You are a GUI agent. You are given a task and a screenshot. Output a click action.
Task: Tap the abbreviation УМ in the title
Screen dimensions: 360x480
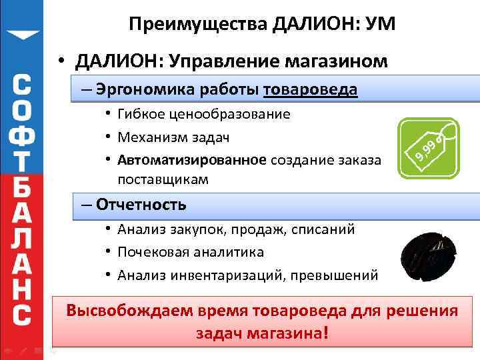(x=379, y=25)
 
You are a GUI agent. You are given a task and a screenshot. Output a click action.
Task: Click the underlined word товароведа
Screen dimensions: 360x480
(x=311, y=89)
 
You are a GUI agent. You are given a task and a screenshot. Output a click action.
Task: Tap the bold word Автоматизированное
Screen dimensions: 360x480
(x=192, y=161)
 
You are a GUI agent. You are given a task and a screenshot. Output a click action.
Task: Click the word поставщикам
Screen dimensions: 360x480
(x=163, y=179)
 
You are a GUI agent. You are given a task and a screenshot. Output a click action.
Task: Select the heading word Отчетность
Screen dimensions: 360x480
(x=141, y=204)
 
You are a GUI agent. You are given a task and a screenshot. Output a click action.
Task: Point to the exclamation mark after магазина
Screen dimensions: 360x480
(x=325, y=333)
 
